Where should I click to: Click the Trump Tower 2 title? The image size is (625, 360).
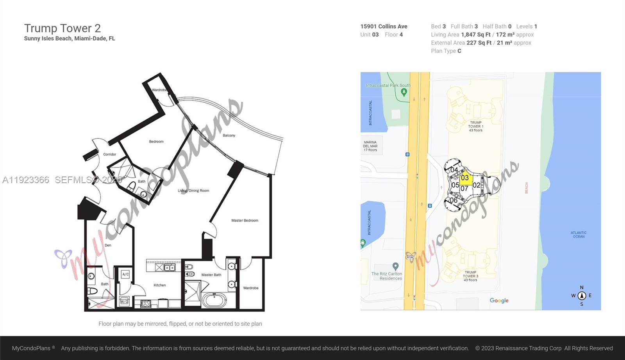[x=62, y=28]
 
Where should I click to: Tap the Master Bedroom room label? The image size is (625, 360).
[x=245, y=221]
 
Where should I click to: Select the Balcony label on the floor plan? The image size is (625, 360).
[x=229, y=135]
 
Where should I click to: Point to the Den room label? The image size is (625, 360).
[x=108, y=245]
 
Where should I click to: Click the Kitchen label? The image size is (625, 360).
[x=159, y=285]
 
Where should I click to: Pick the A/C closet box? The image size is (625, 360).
[x=125, y=274]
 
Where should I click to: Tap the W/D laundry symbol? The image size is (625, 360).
[x=124, y=301]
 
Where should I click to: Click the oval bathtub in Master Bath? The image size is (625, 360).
[x=214, y=301]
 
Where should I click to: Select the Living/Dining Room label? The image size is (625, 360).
[x=193, y=191]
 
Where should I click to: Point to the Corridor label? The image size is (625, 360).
[x=110, y=154]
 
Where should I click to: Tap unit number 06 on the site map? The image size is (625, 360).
[x=453, y=200]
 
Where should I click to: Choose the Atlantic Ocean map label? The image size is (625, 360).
[x=578, y=235]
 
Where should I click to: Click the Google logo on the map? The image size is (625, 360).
[x=499, y=300]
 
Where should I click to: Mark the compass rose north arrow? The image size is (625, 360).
[x=582, y=296]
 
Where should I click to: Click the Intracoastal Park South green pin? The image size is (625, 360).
[x=404, y=93]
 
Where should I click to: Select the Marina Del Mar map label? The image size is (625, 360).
[x=370, y=146]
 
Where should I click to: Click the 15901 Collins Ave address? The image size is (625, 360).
[x=384, y=26]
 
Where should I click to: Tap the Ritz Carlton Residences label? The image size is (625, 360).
[x=386, y=276]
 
